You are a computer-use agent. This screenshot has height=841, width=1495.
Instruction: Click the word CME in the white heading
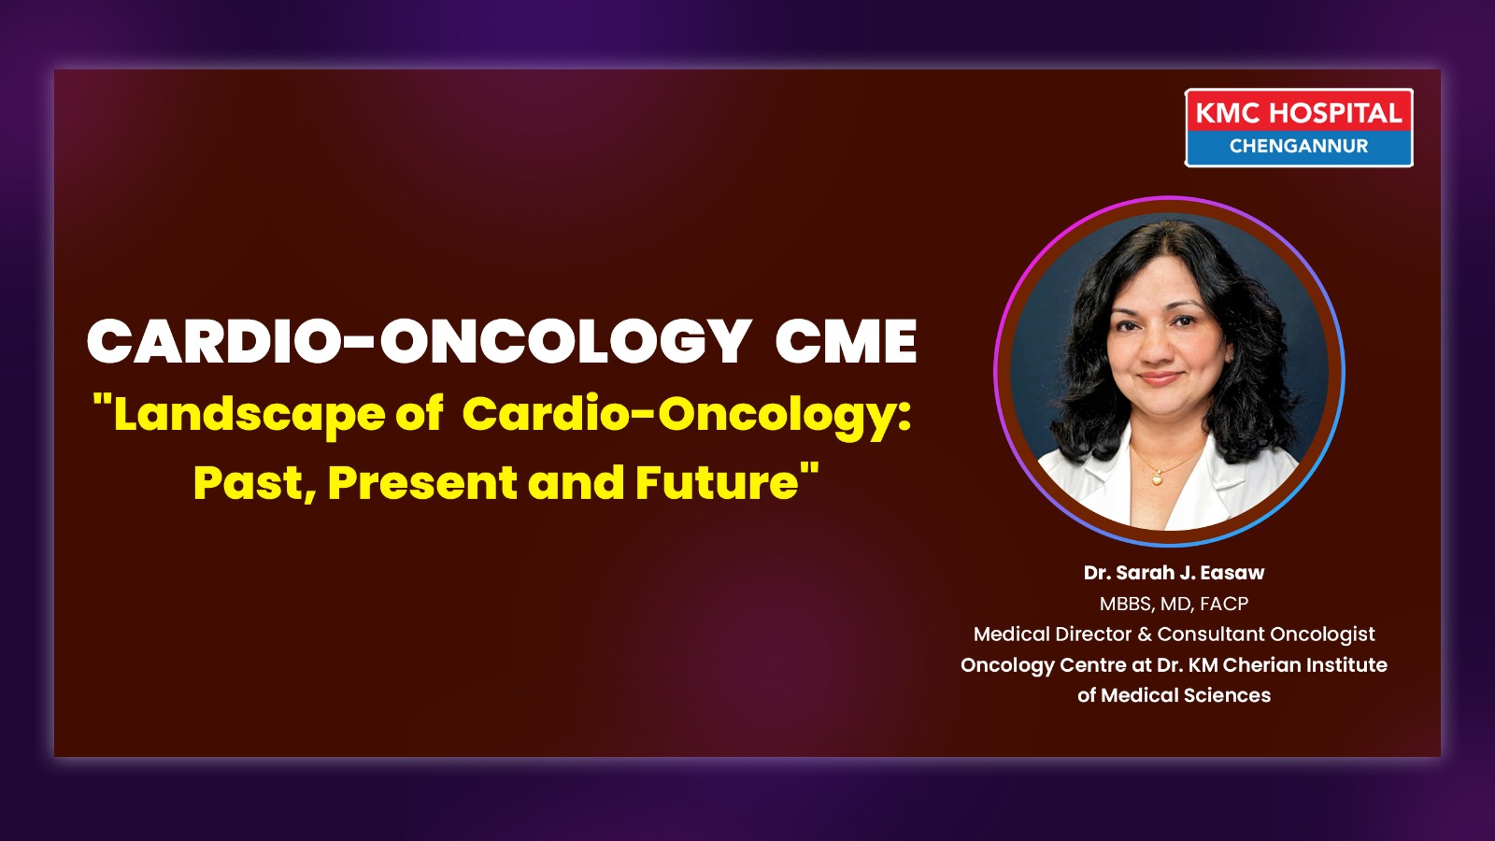pos(846,341)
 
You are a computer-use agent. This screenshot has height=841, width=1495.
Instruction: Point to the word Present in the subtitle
pos(421,483)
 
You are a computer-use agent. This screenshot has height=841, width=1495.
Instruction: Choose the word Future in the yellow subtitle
pos(717,482)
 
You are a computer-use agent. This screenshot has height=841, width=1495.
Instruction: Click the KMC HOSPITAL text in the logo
pos(1298,113)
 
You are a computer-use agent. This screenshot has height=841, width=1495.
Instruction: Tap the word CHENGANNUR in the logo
pos(1299,146)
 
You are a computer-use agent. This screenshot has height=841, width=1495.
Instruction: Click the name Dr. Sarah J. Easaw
pos(1174,573)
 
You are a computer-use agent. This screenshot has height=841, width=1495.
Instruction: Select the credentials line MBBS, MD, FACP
pos(1174,604)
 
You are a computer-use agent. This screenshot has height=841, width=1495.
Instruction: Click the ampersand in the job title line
pos(1145,634)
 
